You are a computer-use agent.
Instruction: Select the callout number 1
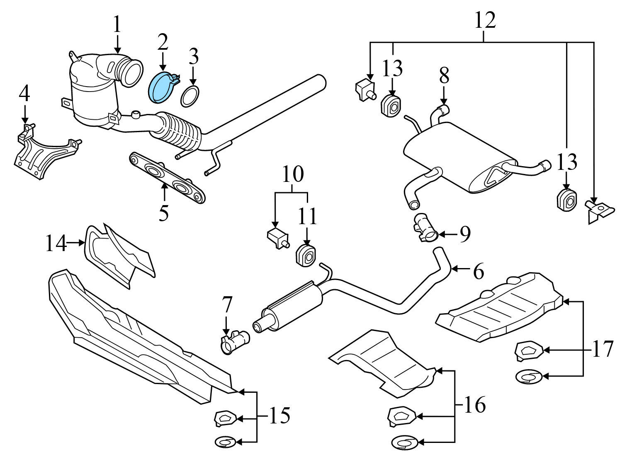pos(117,25)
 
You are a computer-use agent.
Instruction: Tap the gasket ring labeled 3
pos(190,96)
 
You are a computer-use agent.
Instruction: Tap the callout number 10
pos(292,174)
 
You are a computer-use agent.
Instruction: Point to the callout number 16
pos(474,404)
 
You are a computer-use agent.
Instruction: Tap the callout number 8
pos(444,76)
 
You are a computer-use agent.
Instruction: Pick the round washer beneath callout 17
pos(528,377)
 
